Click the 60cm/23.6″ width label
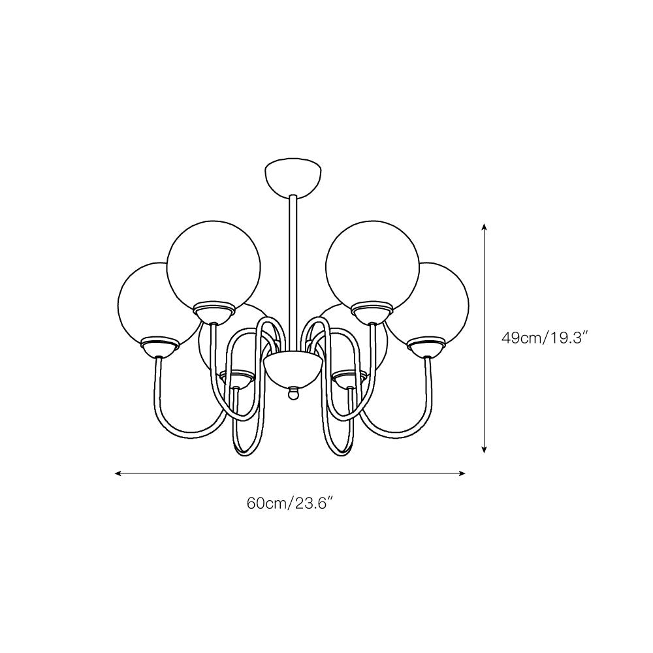291,503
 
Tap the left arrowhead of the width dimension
118,473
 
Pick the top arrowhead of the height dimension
484,226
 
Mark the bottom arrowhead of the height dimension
484,449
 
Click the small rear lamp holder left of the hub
236,378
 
